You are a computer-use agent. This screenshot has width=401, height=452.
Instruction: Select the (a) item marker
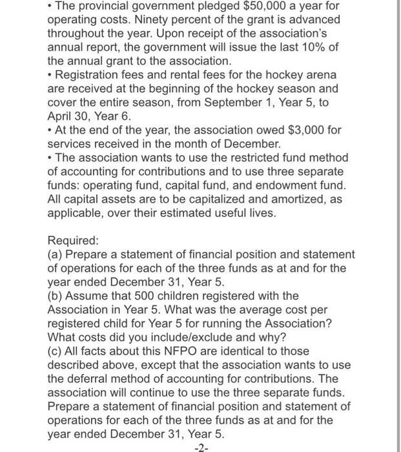56,255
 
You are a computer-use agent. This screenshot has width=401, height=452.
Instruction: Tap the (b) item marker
56,296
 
